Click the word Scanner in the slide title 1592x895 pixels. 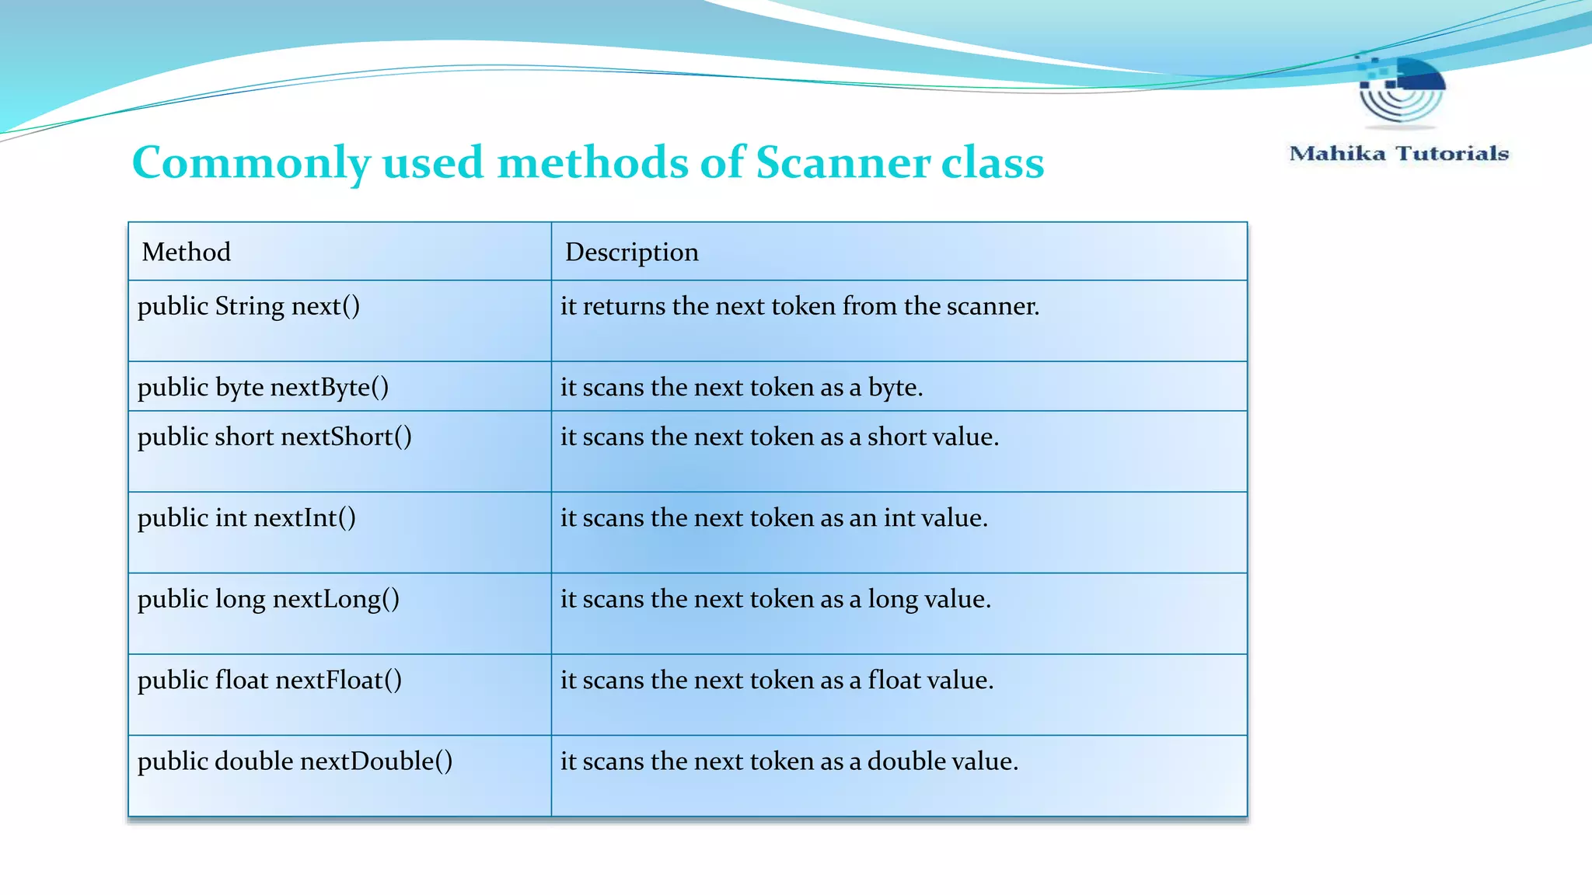point(843,163)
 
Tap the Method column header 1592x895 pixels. point(187,252)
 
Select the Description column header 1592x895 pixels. point(631,252)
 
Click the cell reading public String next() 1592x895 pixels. point(249,306)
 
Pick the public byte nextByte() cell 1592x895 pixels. point(263,387)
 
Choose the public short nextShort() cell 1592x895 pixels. point(274,437)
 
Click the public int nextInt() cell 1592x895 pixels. point(246,517)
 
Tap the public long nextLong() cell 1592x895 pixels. point(268,599)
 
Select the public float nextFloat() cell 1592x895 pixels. point(270,680)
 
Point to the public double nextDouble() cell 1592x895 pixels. point(295,761)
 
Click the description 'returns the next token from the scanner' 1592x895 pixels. point(800,306)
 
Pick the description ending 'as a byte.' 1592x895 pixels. point(742,387)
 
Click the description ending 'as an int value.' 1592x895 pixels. point(774,517)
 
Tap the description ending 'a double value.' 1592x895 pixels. point(789,761)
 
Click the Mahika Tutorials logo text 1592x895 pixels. point(1398,153)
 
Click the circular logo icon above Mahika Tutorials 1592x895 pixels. point(1402,90)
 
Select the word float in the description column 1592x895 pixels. point(894,680)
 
